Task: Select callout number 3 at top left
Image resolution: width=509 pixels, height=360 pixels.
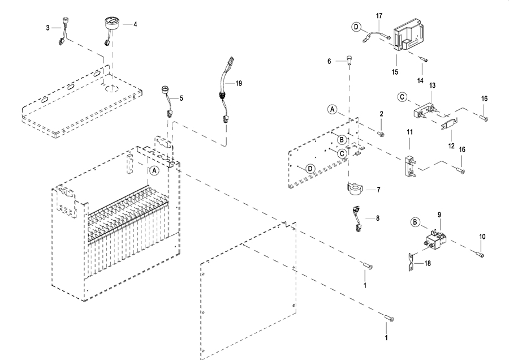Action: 48,27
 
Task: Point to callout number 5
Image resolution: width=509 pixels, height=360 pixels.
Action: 182,98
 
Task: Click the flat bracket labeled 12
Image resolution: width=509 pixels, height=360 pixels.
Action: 447,123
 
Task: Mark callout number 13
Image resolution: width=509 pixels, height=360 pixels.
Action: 433,85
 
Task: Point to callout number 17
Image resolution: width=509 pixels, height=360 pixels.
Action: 379,15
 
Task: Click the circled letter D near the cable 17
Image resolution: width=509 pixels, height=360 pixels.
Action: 356,27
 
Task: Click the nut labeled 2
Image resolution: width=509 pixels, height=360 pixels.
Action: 381,134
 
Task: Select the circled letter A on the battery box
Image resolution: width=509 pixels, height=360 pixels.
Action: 154,169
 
